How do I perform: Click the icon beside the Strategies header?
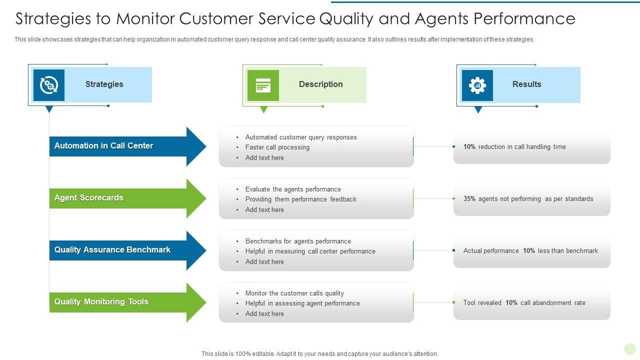pos(49,85)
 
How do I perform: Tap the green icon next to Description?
pos(263,85)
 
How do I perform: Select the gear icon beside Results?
pos(477,85)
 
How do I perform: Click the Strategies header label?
pos(104,84)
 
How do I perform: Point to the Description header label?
pos(320,84)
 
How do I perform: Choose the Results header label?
pos(526,84)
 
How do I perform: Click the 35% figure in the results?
pos(469,199)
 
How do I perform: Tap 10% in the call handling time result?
pos(469,147)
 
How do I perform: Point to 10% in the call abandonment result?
pos(511,303)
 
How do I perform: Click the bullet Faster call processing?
pos(277,147)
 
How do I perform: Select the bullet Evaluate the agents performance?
pos(293,189)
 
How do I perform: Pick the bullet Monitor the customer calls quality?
pos(294,293)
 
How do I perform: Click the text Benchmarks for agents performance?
pos(298,241)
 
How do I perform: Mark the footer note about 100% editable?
pos(320,354)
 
